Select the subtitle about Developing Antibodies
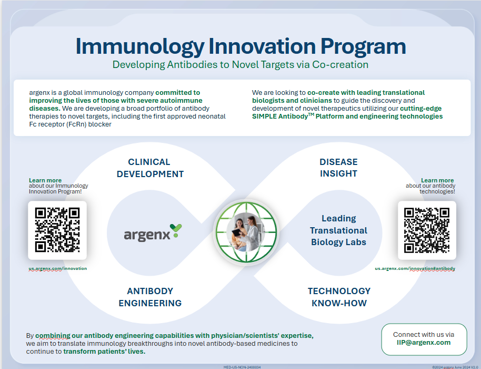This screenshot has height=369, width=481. (x=241, y=65)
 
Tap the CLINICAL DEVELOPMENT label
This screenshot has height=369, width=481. (x=150, y=168)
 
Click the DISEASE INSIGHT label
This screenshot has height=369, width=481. (x=338, y=168)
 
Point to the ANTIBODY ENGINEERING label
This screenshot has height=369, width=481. (x=150, y=297)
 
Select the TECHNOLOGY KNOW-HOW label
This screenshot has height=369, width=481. (x=339, y=297)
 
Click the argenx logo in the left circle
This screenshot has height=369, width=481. (x=153, y=232)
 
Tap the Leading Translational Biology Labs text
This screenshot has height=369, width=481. (x=338, y=230)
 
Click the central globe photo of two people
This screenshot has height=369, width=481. (x=246, y=233)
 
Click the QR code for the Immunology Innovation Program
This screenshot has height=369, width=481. (x=57, y=230)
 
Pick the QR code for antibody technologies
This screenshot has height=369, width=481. (x=426, y=230)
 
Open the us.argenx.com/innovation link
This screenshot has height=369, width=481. (x=58, y=268)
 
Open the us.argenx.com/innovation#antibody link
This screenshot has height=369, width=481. (x=415, y=268)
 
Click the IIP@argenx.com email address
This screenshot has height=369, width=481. (x=424, y=342)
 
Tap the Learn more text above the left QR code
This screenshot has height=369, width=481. (x=45, y=180)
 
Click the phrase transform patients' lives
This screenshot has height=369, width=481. (x=104, y=351)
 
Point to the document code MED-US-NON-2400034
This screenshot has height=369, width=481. (x=242, y=366)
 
